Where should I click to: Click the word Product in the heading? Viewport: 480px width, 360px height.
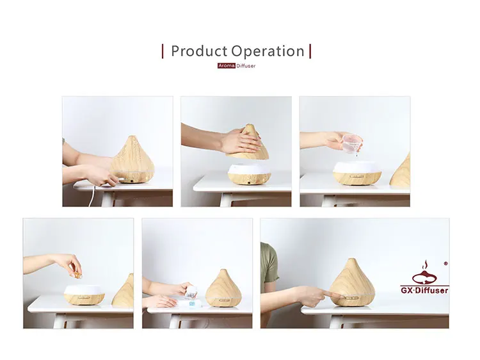(x=199, y=51)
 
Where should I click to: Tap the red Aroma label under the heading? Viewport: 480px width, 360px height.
(x=227, y=66)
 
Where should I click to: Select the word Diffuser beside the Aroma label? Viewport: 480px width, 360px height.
(x=246, y=66)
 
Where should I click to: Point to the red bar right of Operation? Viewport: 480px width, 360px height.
(x=310, y=51)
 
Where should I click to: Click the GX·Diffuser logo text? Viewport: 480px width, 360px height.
(x=424, y=290)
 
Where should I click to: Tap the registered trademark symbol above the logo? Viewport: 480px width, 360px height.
(x=445, y=263)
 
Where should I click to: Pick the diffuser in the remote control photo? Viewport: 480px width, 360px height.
(x=223, y=288)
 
